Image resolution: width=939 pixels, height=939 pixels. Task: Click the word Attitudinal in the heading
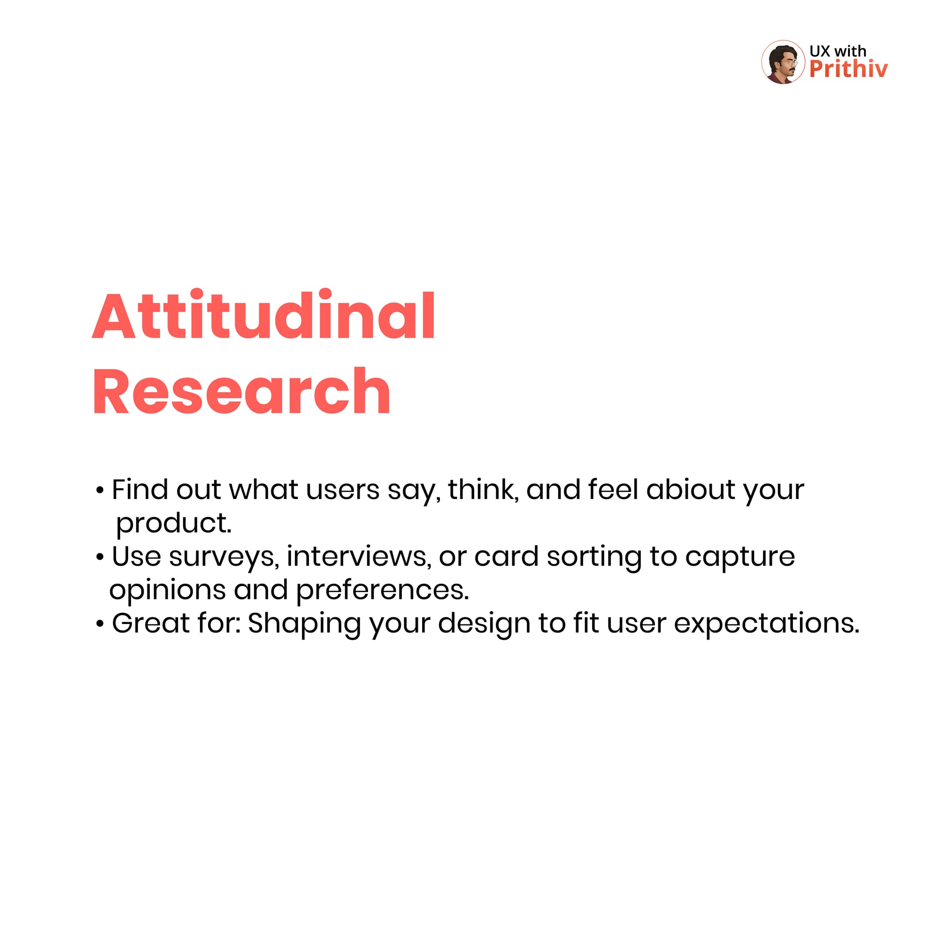click(x=263, y=315)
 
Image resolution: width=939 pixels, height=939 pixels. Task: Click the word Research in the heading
click(x=241, y=392)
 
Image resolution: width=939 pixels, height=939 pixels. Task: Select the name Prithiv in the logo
click(x=848, y=69)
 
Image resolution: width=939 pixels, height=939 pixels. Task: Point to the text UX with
click(x=838, y=51)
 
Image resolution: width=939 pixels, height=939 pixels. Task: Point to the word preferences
click(x=382, y=590)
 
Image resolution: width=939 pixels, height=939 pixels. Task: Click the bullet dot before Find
click(x=100, y=491)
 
